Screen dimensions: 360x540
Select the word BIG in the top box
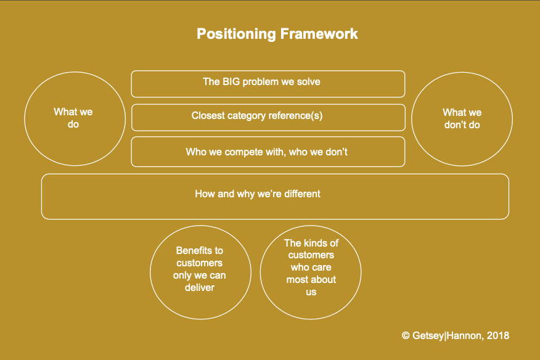(231, 81)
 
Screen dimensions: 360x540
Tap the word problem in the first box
(261, 81)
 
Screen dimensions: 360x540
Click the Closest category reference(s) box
(268, 117)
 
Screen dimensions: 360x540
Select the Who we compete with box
(268, 152)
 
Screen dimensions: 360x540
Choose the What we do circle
(74, 118)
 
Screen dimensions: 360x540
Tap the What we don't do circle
(462, 118)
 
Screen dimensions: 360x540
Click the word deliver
(199, 287)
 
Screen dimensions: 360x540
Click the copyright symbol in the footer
(406, 336)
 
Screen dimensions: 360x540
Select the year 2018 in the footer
(497, 336)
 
